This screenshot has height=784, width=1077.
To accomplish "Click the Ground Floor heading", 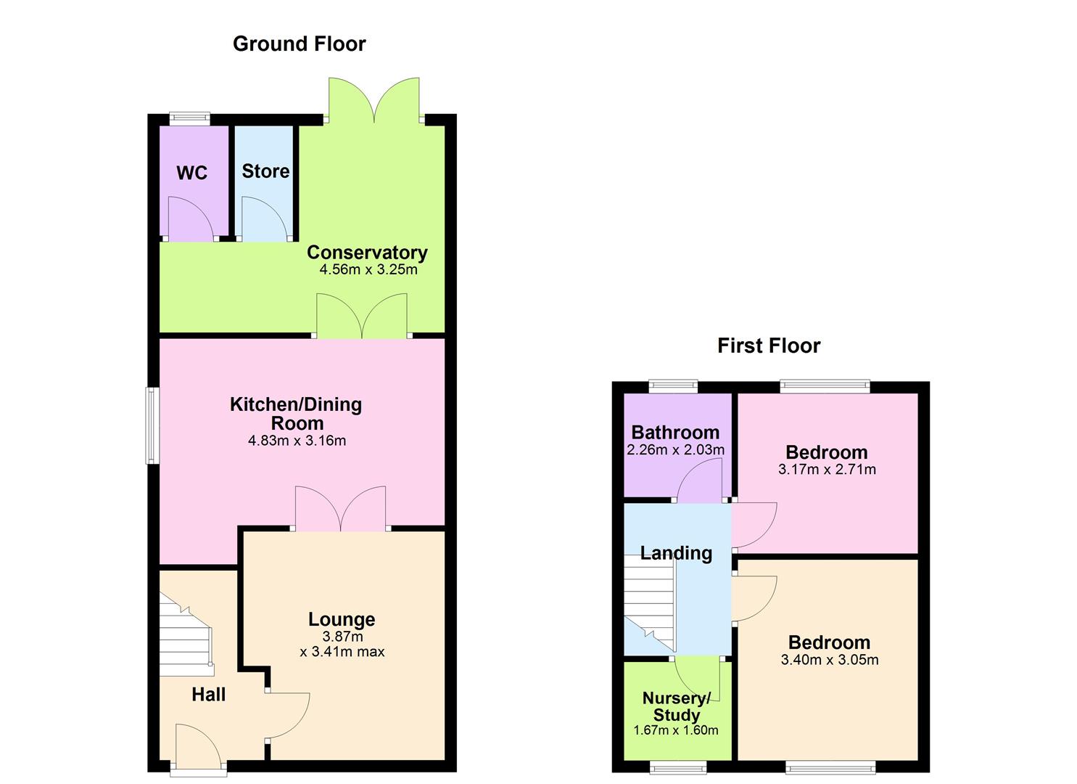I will (299, 44).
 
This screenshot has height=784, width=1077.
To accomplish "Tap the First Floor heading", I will (768, 346).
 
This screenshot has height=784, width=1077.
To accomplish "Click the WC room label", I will (191, 173).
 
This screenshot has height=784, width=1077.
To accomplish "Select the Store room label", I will (265, 171).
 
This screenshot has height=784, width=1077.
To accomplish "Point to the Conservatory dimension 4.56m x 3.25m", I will (368, 270).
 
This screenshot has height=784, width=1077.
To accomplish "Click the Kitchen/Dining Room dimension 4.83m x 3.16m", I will (297, 441).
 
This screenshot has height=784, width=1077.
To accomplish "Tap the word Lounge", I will (342, 619).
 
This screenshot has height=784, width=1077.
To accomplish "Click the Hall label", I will (208, 695).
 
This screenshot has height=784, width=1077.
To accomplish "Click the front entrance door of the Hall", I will (197, 748).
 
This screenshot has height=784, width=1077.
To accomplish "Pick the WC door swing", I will (190, 219).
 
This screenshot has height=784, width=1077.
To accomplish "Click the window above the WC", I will (190, 118).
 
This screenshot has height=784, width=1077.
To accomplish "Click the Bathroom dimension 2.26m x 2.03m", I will (675, 450).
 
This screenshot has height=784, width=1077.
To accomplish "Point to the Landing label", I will (675, 553).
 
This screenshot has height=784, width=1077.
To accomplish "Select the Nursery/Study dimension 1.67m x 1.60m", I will (675, 730).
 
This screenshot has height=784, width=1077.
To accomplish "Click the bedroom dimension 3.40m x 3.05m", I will (829, 660).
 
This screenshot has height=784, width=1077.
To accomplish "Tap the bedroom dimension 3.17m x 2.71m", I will (827, 470).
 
